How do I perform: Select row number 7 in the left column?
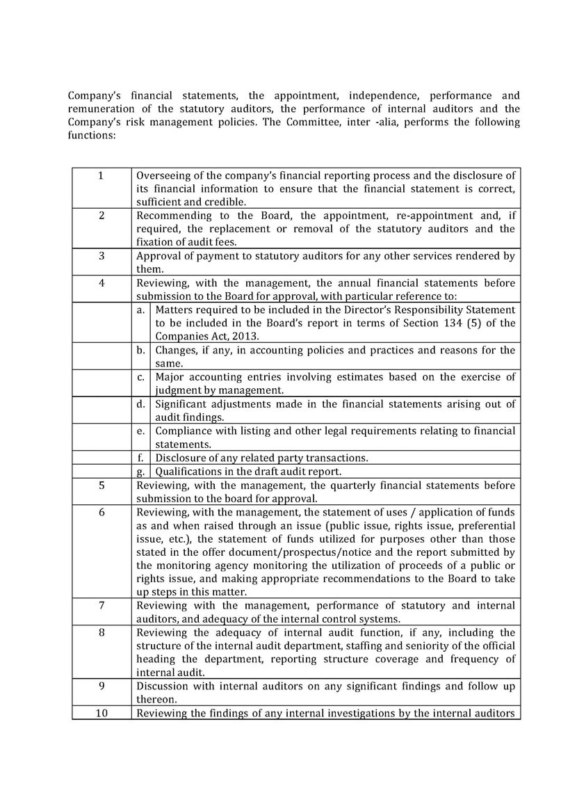click(101, 606)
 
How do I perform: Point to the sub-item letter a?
click(140, 310)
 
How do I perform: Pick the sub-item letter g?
click(140, 472)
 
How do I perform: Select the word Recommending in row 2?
click(174, 216)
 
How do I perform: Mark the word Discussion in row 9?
click(164, 686)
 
